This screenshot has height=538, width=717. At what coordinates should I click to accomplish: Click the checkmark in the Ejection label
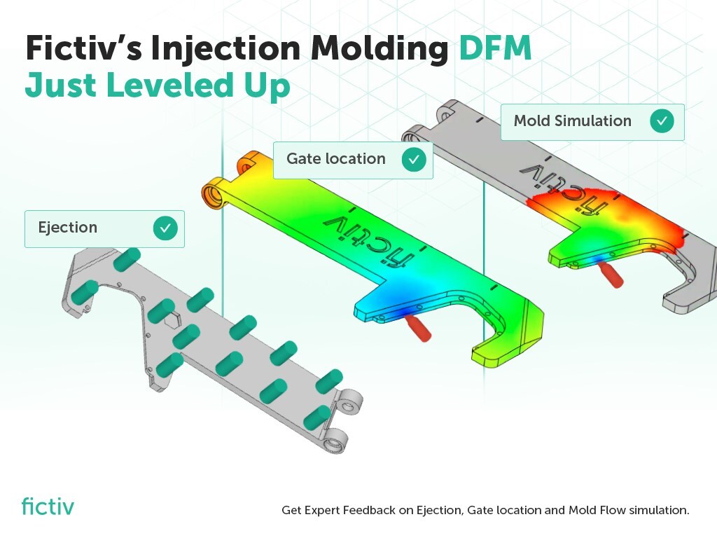[x=165, y=228]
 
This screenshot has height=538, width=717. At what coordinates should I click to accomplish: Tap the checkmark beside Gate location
[x=414, y=160]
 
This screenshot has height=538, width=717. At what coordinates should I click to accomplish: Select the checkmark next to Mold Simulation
[x=661, y=121]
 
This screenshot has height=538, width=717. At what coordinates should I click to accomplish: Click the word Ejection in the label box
[x=67, y=228]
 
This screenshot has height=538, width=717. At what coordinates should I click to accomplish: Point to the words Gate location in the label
[x=335, y=159]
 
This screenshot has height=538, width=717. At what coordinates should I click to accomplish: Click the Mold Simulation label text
[x=572, y=120]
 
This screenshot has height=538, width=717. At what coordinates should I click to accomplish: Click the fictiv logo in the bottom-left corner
[x=47, y=506]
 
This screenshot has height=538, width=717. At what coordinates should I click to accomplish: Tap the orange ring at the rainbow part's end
[x=213, y=193]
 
